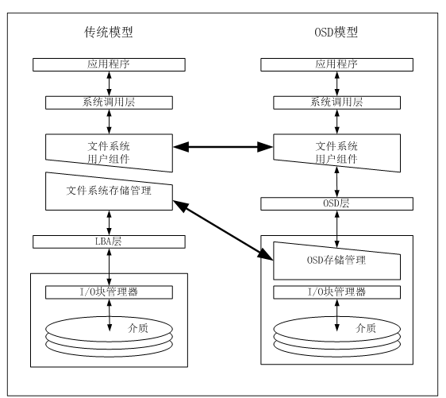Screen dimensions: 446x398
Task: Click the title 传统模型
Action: click(109, 32)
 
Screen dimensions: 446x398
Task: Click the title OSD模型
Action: click(336, 32)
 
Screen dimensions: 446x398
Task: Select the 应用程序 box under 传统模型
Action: click(109, 64)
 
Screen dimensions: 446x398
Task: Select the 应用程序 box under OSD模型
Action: click(336, 64)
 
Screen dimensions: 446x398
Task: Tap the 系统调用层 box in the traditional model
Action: click(109, 102)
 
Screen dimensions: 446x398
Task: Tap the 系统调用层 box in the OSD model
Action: click(336, 102)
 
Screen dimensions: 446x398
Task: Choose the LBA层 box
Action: click(109, 242)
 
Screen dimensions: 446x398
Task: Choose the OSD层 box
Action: click(336, 204)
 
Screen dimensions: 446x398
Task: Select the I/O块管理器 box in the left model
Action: click(109, 292)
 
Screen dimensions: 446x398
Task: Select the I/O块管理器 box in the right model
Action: click(336, 292)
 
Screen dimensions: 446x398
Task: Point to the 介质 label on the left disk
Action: click(138, 328)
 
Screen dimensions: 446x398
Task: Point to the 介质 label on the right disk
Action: click(366, 328)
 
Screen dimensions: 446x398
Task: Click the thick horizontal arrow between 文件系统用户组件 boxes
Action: click(223, 147)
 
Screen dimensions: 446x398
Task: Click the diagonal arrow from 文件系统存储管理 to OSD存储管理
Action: click(223, 230)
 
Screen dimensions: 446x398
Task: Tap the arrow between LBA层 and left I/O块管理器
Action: click(109, 267)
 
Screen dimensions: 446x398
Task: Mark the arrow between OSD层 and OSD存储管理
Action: click(336, 229)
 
